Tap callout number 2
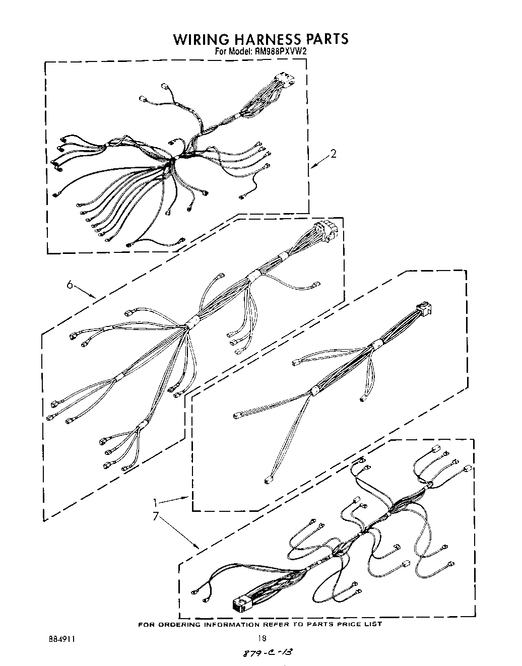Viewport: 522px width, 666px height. coord(333,155)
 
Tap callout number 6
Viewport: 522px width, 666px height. coord(71,285)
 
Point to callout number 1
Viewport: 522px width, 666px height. coord(157,502)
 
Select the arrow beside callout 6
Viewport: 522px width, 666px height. coord(86,292)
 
